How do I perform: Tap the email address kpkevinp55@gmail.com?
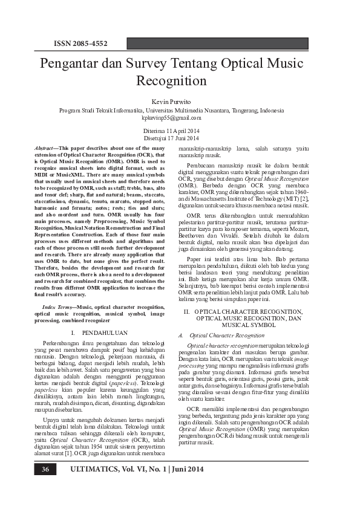[180, 118]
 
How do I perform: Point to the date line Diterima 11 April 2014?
[180, 131]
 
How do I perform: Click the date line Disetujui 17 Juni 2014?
[180, 138]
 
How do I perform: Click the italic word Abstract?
[45, 148]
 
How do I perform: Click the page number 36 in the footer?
[45, 469]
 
